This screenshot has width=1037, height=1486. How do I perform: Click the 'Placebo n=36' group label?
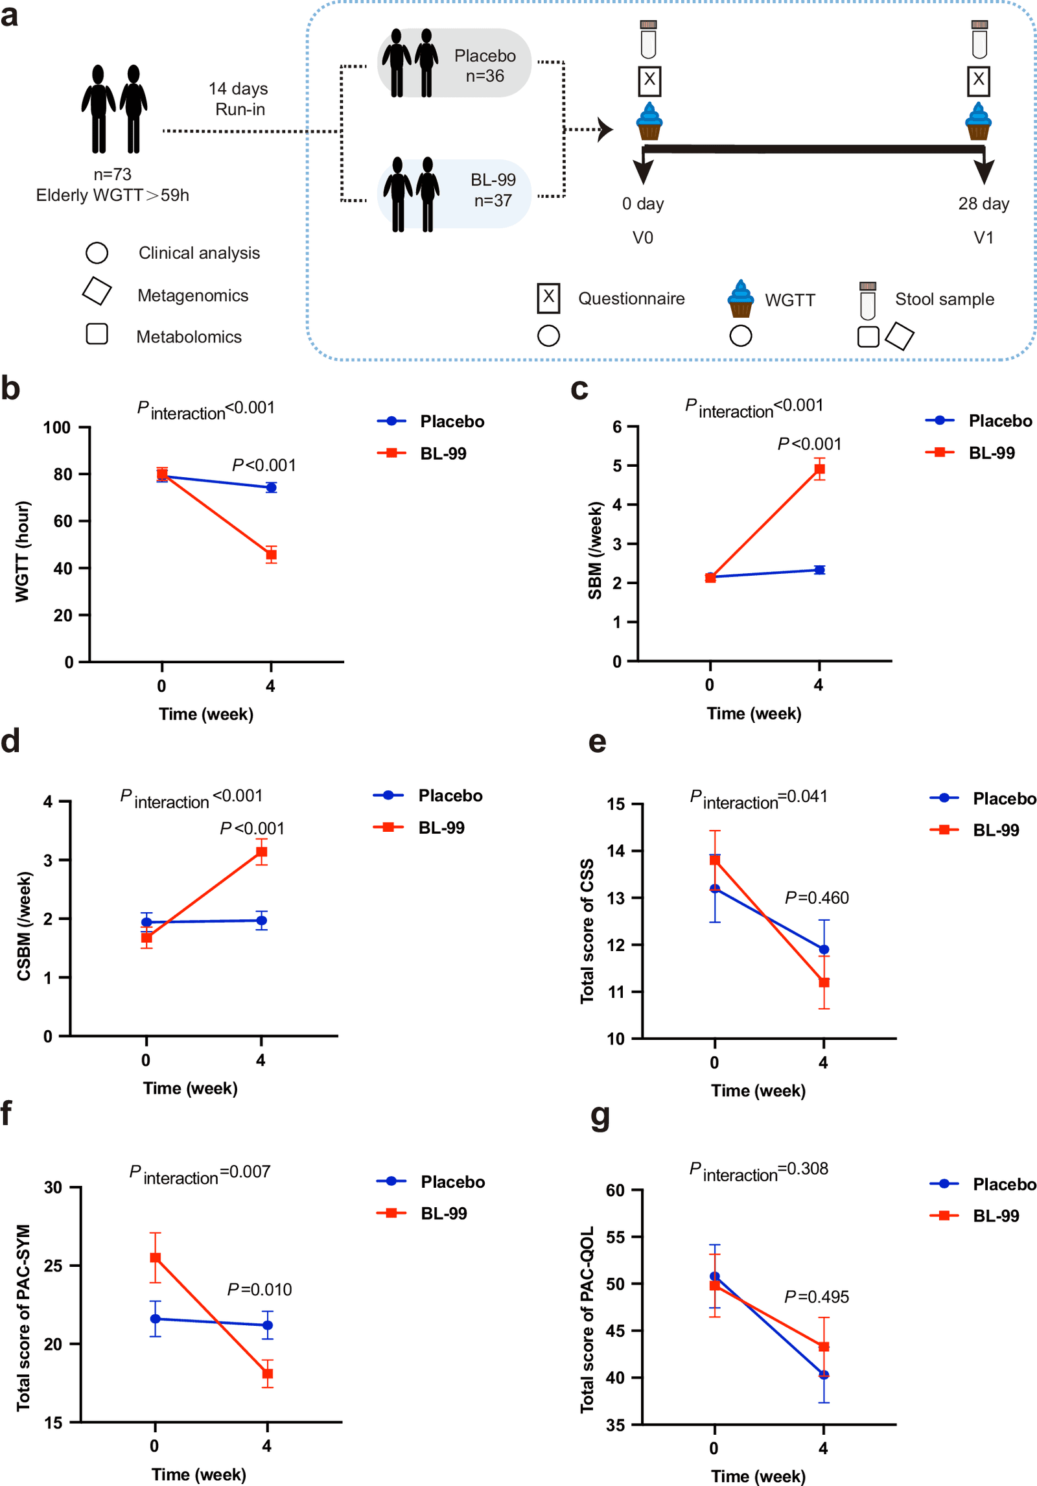(485, 65)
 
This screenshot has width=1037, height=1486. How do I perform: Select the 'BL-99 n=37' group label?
(493, 190)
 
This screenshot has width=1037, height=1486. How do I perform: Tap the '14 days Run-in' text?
(239, 99)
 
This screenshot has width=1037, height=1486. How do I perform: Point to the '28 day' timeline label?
(984, 204)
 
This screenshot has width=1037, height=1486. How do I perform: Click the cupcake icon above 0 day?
(649, 121)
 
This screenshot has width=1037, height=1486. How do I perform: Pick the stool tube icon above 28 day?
(979, 40)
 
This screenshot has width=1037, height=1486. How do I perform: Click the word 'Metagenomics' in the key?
(193, 296)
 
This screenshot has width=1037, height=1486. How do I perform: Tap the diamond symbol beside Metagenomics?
(97, 291)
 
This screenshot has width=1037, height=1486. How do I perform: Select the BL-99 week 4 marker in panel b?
(271, 554)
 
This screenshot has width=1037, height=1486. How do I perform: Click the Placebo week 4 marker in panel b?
(271, 487)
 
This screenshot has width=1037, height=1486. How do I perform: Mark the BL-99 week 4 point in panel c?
(819, 469)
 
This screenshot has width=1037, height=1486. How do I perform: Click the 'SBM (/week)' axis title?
(595, 550)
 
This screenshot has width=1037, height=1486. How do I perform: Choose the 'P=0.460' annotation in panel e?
(817, 898)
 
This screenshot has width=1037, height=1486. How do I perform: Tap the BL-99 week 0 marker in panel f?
(156, 1258)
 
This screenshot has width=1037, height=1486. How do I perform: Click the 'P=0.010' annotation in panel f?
(259, 1290)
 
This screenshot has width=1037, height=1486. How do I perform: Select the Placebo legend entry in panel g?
(983, 1185)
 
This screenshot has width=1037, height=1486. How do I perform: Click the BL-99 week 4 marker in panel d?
(262, 852)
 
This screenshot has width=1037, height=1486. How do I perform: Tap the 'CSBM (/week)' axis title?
(24, 926)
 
